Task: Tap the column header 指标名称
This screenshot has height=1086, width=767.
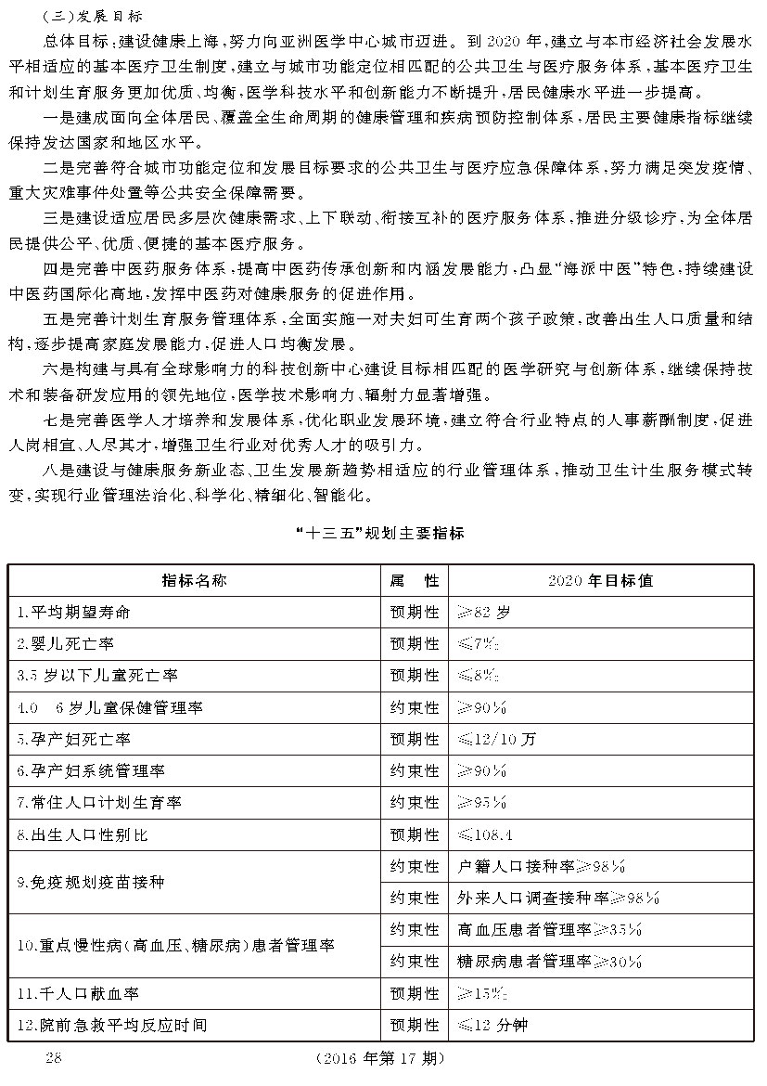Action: (x=194, y=581)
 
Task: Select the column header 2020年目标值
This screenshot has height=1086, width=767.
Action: (x=600, y=581)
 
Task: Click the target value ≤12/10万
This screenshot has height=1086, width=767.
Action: (x=497, y=740)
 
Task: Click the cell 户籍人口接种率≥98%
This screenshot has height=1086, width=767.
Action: (x=542, y=867)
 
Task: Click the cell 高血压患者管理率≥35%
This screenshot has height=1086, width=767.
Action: (x=550, y=930)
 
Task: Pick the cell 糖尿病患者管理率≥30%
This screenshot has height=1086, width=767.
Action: (x=550, y=962)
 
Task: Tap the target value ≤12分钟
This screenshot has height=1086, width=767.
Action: (x=492, y=1026)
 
